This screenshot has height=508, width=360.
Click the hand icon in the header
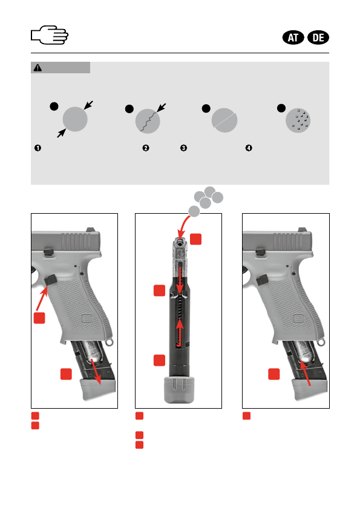pyautogui.click(x=50, y=35)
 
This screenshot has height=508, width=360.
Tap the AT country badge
pyautogui.click(x=293, y=38)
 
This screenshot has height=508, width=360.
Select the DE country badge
pyautogui.click(x=318, y=38)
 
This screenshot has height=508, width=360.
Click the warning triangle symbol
pyautogui.click(x=38, y=68)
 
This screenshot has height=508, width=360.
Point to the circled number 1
pyautogui.click(x=38, y=148)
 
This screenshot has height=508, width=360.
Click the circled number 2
pyautogui.click(x=146, y=148)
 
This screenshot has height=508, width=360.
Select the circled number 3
pyautogui.click(x=183, y=148)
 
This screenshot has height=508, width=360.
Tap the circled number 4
pyautogui.click(x=249, y=148)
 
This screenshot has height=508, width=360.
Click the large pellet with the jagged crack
pyautogui.click(x=148, y=121)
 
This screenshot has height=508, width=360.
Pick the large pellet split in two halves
pyautogui.click(x=224, y=120)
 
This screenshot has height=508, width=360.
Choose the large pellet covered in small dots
pyautogui.click(x=298, y=120)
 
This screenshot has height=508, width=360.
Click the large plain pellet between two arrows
pyautogui.click(x=75, y=119)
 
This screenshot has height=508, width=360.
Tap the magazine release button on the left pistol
pyautogui.click(x=51, y=280)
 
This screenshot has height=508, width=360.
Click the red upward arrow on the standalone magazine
pyautogui.click(x=179, y=334)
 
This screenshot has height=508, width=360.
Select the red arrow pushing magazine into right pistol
pyautogui.click(x=305, y=373)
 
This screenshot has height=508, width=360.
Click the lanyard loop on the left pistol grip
pyautogui.click(x=110, y=342)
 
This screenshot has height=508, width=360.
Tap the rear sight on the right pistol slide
pyautogui.click(x=303, y=229)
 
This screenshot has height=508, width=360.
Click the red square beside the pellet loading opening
pyautogui.click(x=195, y=239)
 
